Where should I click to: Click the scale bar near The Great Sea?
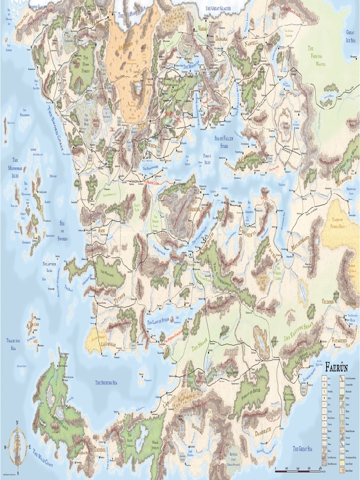pos(298,469)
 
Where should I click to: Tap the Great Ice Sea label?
pos(350,36)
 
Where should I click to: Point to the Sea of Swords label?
pos(62,231)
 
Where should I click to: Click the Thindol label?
pos(100,450)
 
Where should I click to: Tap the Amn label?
pos(101,231)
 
